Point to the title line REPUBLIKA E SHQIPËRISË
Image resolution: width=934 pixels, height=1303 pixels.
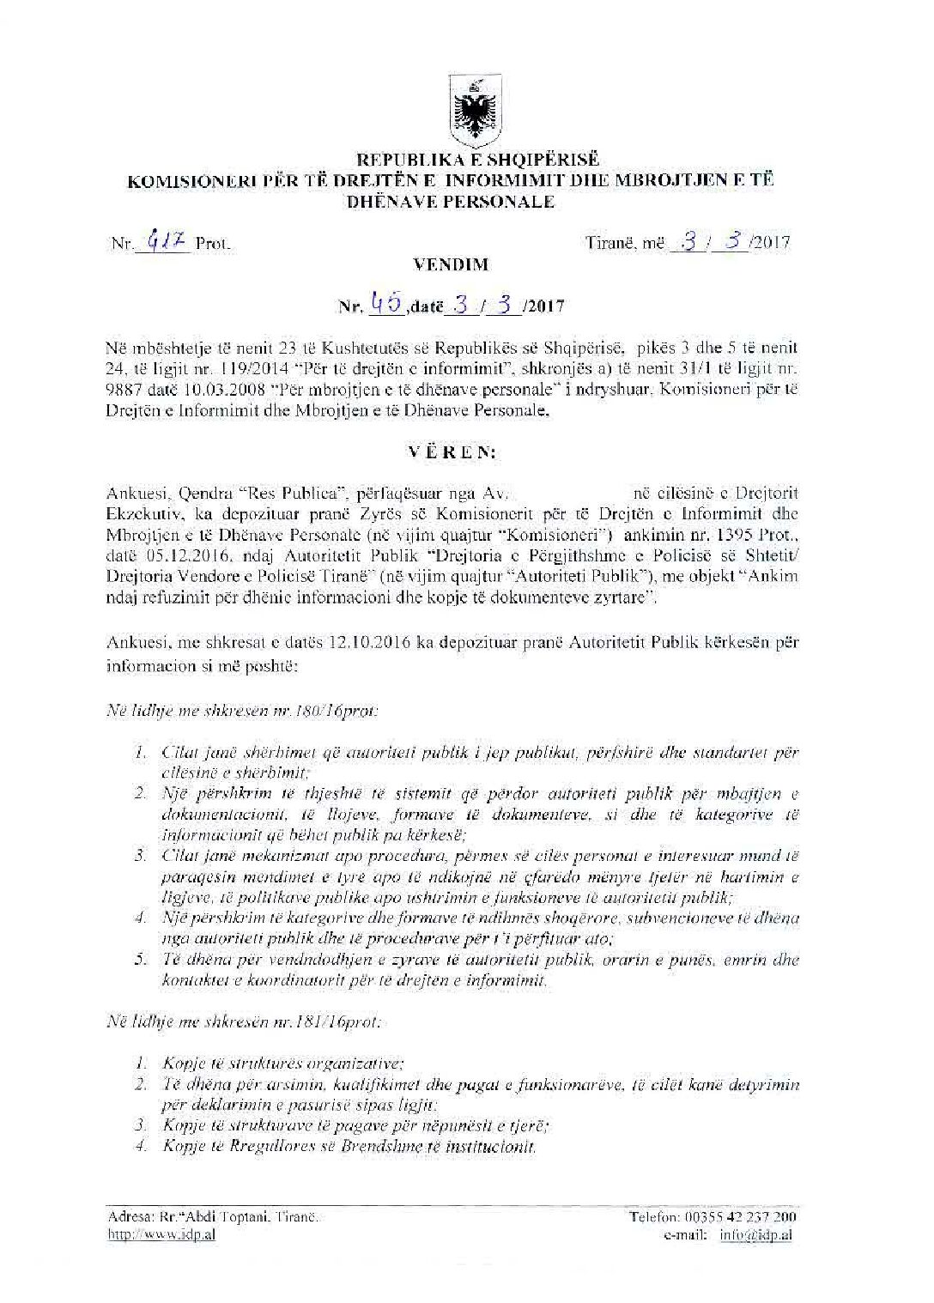click(x=467, y=160)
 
